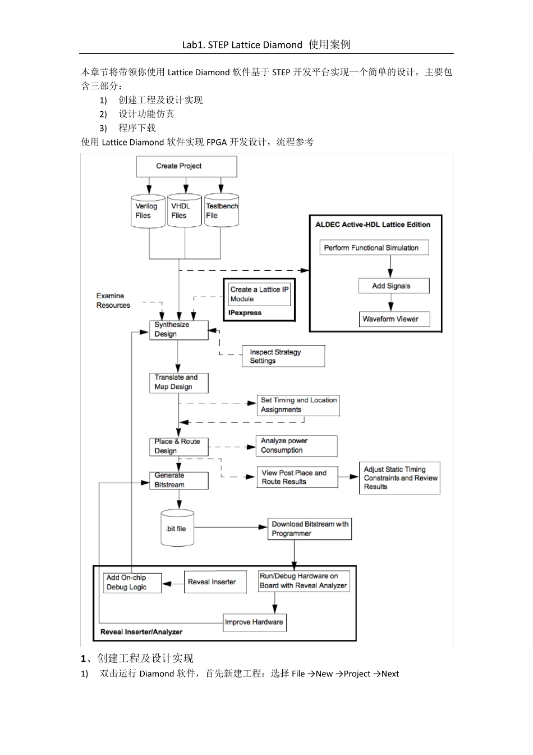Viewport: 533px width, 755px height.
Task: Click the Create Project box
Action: (186, 166)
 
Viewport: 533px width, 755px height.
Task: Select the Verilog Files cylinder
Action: (148, 211)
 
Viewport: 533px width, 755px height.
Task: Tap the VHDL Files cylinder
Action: (184, 211)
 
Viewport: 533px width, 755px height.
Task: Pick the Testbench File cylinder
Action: (222, 211)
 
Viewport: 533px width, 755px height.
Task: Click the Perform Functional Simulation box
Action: (374, 248)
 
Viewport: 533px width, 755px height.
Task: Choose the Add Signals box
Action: (393, 286)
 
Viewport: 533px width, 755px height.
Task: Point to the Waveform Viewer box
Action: (393, 319)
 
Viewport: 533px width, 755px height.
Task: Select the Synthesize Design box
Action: (178, 330)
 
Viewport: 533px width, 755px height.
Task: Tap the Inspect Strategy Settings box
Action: (283, 356)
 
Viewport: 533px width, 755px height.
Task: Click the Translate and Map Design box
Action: (178, 383)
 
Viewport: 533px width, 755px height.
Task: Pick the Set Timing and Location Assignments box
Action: (298, 405)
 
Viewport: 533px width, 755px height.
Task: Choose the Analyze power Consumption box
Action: (296, 446)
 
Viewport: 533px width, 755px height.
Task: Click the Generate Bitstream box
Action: (178, 480)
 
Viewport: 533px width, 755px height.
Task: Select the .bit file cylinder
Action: (177, 528)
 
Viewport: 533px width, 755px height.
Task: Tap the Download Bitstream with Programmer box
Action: (309, 529)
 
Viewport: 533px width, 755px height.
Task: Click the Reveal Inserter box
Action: (215, 582)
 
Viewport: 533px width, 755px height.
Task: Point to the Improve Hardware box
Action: (255, 622)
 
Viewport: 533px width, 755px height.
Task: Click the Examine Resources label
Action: (113, 301)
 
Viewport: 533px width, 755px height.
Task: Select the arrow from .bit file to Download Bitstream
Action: (231, 527)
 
